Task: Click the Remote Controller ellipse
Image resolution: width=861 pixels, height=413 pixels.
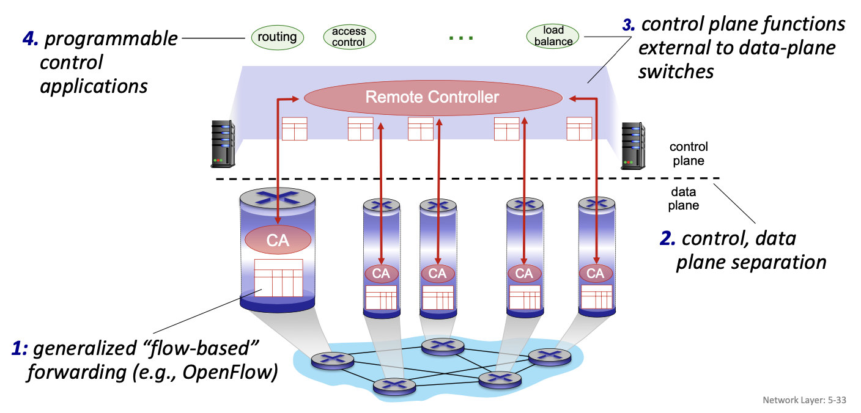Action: click(432, 97)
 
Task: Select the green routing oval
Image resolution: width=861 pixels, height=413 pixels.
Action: click(277, 37)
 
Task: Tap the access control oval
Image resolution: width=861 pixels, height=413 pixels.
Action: click(349, 37)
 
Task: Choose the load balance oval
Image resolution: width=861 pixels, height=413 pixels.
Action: click(553, 36)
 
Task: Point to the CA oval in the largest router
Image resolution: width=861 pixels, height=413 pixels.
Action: click(278, 240)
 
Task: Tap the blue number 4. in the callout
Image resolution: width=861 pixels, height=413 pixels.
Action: click(31, 38)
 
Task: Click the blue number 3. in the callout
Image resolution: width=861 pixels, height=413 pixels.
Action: click(629, 25)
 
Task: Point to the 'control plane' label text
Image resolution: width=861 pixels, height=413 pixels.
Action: click(689, 154)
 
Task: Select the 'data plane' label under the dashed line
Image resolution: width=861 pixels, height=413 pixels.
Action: click(683, 199)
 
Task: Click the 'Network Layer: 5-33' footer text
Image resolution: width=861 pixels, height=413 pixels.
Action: click(804, 400)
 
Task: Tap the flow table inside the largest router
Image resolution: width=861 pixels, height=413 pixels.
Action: click(278, 278)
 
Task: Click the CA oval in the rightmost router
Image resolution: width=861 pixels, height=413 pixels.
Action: click(595, 273)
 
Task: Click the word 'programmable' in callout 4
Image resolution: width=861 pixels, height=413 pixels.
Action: click(111, 40)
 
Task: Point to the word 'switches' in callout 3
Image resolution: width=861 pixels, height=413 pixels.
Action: click(676, 71)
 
